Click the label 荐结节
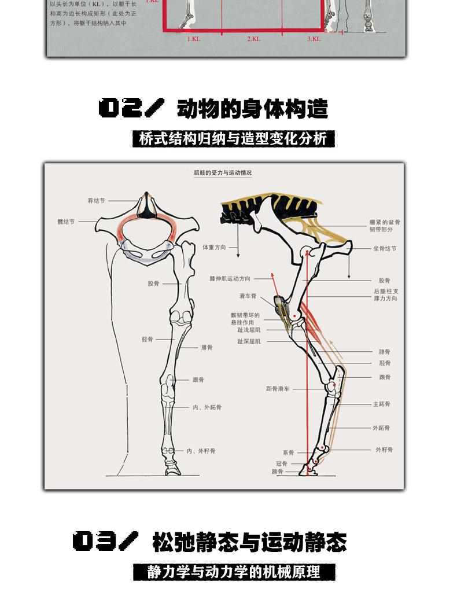click(96, 201)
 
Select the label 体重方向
click(214, 247)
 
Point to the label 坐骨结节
click(385, 249)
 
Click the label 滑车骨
click(248, 296)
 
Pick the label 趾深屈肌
click(249, 341)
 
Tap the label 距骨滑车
click(278, 389)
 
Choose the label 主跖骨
click(381, 404)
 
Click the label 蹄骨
click(278, 472)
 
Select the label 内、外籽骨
click(201, 451)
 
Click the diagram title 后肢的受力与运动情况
click(223, 173)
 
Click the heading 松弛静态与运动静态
click(249, 542)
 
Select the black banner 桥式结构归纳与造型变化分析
click(234, 139)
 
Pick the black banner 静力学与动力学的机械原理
click(234, 572)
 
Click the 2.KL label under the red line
click(253, 39)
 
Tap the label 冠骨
click(282, 463)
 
